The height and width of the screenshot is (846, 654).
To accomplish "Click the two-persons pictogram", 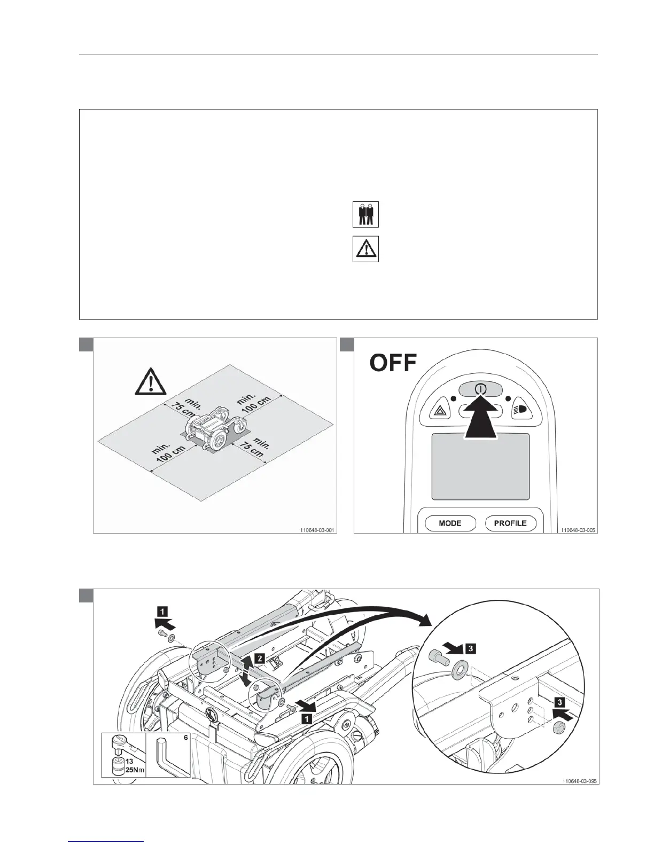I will click(x=365, y=215).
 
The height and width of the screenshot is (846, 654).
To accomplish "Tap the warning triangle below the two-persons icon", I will click(x=365, y=249).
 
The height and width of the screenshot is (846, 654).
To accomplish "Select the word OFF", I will click(x=393, y=363).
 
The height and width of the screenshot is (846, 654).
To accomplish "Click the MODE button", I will click(x=450, y=523).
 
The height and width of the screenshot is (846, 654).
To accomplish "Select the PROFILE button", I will click(x=510, y=523).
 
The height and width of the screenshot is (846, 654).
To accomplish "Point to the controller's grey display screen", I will click(x=480, y=466).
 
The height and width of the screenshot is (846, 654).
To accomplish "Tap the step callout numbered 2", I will click(x=259, y=659).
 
